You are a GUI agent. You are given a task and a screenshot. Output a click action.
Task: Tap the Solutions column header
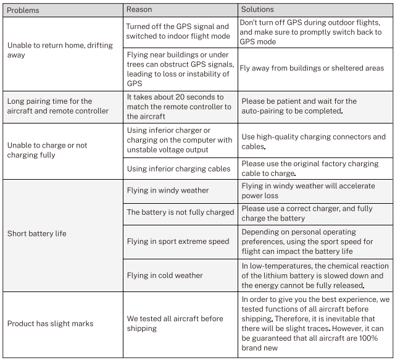coord(257,10)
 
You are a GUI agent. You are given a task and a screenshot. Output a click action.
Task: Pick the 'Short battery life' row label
coord(36,234)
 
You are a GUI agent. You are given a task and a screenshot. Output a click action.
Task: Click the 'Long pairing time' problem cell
coord(58,106)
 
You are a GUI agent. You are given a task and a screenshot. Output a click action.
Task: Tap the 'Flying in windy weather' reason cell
coord(167,191)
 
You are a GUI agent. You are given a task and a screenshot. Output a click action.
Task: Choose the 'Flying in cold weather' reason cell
coord(164,275)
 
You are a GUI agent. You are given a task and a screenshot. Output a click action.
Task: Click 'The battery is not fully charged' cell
coord(180,212)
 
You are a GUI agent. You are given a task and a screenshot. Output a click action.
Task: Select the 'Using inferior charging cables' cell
coord(178,169)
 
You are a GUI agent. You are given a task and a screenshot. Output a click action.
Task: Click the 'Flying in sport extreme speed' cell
coord(177,241)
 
